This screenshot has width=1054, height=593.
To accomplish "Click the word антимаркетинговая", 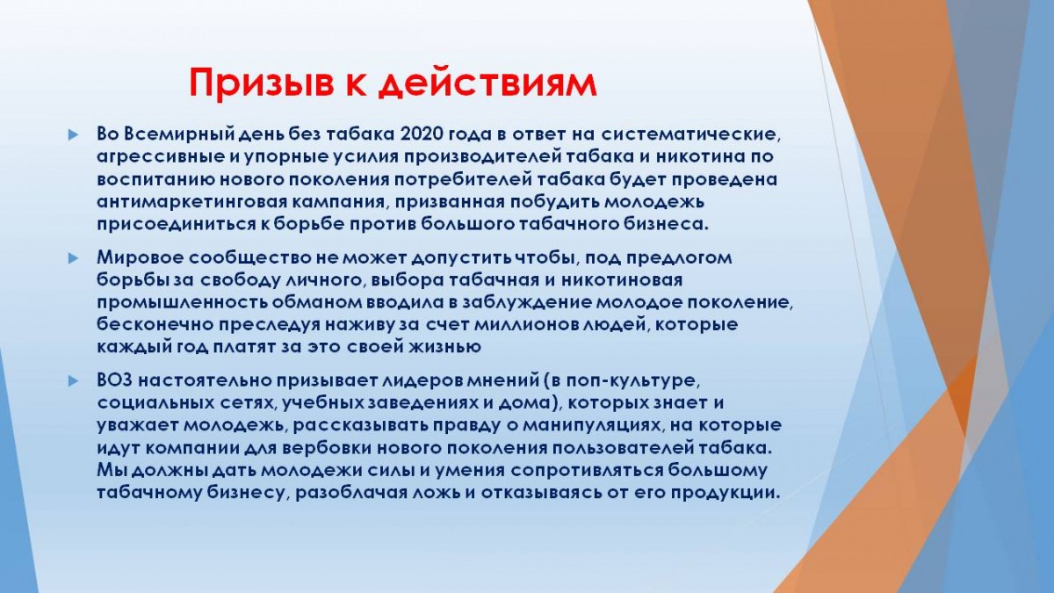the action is click(190, 202).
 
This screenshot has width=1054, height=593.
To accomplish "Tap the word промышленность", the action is click(181, 302).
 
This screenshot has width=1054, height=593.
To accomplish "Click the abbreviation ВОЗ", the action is click(114, 380).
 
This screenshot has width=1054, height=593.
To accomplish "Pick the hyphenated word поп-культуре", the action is click(632, 380).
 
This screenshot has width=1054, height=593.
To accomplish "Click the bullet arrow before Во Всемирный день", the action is click(74, 135).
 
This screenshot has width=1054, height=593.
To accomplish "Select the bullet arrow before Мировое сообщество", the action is click(74, 258).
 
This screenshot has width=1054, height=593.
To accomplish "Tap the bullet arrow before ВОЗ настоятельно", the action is click(74, 380).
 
